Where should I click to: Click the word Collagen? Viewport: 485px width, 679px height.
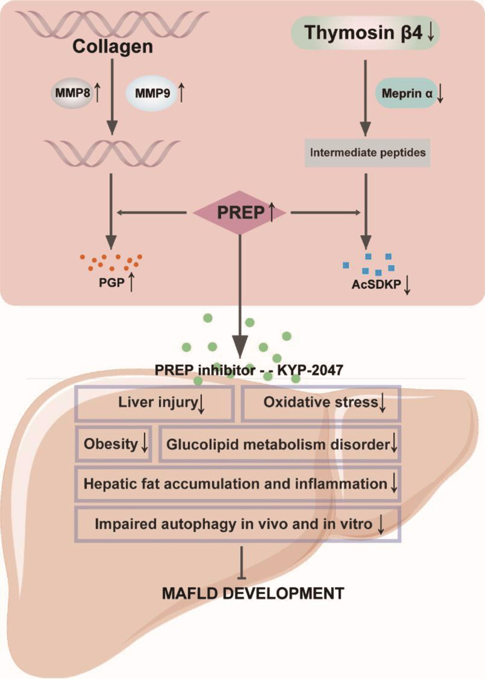tap(112, 47)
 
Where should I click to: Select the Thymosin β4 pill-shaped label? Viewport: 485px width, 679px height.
tap(365, 33)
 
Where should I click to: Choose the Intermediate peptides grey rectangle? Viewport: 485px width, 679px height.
tap(367, 153)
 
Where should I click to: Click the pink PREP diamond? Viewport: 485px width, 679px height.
tap(240, 213)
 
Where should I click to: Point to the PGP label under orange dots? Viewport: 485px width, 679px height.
tap(112, 282)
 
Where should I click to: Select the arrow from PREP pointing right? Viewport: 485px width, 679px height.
tap(325, 213)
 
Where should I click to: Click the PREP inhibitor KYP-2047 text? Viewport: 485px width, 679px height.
tap(249, 371)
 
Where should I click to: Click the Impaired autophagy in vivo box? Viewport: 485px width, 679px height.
tap(237, 524)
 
